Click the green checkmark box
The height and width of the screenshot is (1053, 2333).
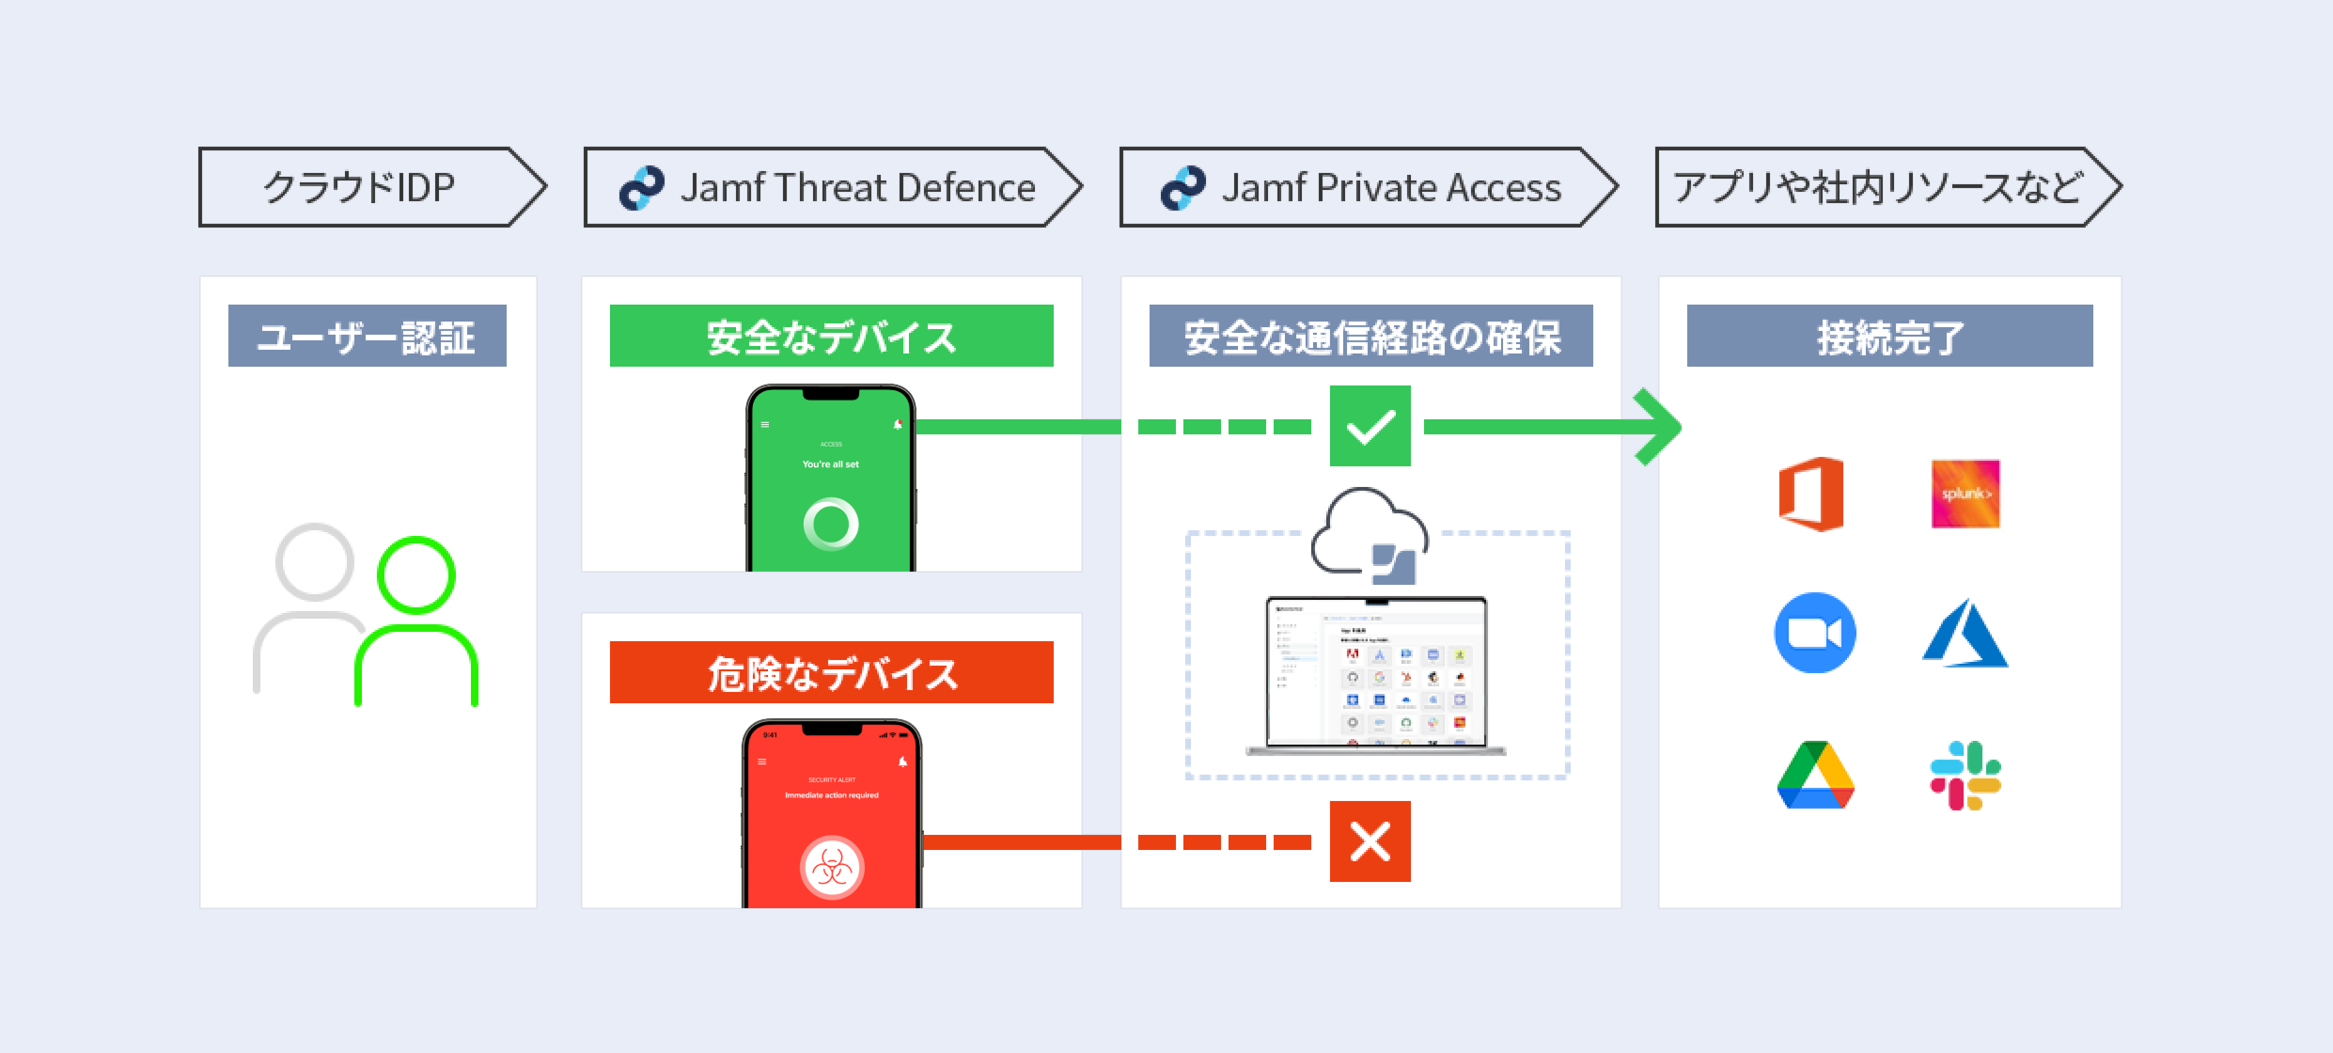point(1370,426)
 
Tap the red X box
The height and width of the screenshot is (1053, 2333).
point(1370,841)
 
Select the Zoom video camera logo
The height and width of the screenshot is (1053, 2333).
point(1814,633)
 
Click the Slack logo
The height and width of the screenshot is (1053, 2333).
point(1965,776)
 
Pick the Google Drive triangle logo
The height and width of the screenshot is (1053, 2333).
point(1815,776)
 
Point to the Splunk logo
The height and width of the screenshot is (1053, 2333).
point(1965,494)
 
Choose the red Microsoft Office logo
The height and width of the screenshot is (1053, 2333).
point(1811,494)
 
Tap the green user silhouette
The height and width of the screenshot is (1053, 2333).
point(416,621)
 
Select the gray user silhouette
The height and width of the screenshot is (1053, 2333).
point(310,602)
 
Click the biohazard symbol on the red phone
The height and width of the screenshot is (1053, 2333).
point(832,867)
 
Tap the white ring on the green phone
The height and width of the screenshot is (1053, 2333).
point(831,524)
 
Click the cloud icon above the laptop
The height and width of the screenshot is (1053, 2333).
point(1369,532)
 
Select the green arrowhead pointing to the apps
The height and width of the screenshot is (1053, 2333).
point(1659,427)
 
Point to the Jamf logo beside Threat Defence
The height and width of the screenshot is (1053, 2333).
point(642,187)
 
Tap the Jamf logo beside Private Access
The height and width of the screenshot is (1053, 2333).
point(1183,187)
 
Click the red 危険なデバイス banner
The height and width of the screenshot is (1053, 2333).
point(831,673)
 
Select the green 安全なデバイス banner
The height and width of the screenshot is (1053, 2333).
point(831,336)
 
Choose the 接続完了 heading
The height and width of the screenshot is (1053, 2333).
point(1889,336)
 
